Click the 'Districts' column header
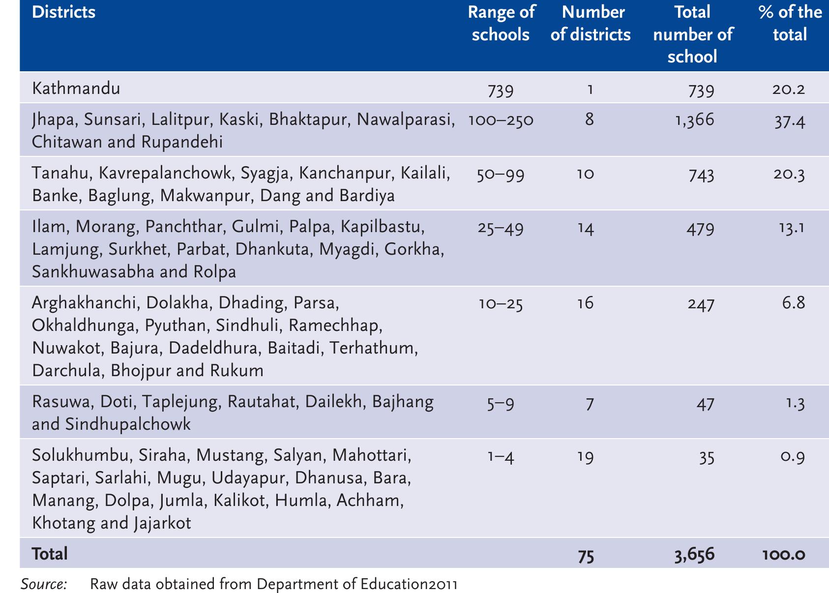(x=64, y=12)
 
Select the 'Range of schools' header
(x=501, y=24)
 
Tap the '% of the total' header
(x=790, y=24)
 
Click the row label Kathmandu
(x=76, y=89)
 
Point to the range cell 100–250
(x=501, y=120)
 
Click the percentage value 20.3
(x=790, y=175)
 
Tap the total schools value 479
(x=701, y=229)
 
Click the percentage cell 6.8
(x=793, y=303)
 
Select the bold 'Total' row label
(x=50, y=554)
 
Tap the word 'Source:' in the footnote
(x=44, y=584)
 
